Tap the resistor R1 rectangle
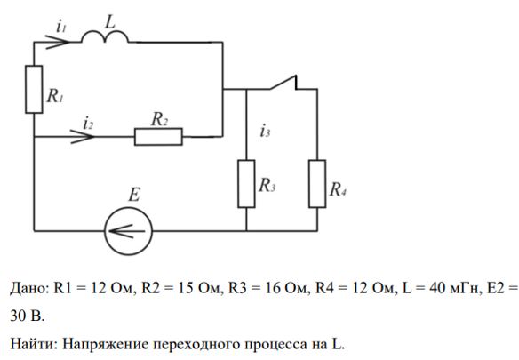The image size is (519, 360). pyautogui.click(x=34, y=90)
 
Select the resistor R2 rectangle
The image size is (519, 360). pyautogui.click(x=158, y=137)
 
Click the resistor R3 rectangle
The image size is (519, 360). pyautogui.click(x=246, y=184)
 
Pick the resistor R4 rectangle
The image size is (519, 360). pyautogui.click(x=317, y=184)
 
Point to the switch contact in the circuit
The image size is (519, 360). pyautogui.click(x=283, y=83)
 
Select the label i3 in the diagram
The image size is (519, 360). pyautogui.click(x=265, y=131)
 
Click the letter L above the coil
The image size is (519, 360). pyautogui.click(x=109, y=22)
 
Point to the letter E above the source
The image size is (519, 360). pyautogui.click(x=134, y=195)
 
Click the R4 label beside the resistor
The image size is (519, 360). pyautogui.click(x=338, y=189)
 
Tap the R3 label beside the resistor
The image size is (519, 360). pyautogui.click(x=267, y=185)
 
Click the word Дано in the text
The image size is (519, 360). pyautogui.click(x=29, y=288)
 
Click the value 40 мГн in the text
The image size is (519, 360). pyautogui.click(x=454, y=288)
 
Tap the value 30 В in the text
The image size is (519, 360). pyautogui.click(x=28, y=316)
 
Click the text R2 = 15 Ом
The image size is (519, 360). pyautogui.click(x=180, y=288)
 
